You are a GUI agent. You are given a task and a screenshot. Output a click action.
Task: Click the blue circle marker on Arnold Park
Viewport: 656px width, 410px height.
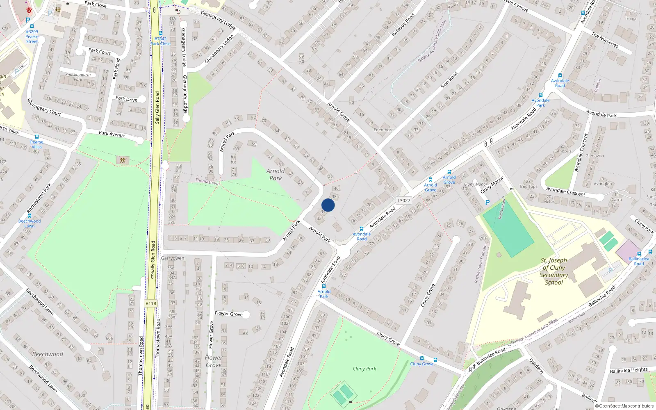point(328,205)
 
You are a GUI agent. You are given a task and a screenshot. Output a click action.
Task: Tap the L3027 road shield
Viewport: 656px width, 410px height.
point(403,200)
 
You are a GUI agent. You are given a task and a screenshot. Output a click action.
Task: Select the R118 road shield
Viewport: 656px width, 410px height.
point(150,303)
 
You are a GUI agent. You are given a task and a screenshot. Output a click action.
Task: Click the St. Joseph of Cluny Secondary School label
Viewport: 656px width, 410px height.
point(553,271)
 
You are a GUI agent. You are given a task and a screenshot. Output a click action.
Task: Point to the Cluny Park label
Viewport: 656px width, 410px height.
point(364,369)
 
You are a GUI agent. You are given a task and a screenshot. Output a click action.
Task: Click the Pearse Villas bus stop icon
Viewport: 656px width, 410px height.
point(36,137)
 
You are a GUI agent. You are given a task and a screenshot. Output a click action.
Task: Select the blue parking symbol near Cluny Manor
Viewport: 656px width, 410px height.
point(487,203)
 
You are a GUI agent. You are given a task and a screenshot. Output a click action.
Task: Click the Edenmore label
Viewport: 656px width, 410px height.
point(383,130)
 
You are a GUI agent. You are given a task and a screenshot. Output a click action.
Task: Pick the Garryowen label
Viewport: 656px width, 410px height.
point(173,258)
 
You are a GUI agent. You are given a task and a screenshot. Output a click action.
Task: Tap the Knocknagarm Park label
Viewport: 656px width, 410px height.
point(78,77)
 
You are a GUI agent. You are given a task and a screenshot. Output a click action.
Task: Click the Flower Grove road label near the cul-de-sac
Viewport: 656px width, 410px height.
point(228,314)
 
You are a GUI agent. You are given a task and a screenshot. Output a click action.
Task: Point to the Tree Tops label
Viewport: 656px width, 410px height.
point(528,187)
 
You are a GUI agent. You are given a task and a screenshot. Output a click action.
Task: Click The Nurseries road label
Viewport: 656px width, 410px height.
point(605,40)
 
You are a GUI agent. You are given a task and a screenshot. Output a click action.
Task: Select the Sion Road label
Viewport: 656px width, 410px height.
point(449,80)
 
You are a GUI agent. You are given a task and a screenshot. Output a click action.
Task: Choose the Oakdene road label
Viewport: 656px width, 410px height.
point(536,366)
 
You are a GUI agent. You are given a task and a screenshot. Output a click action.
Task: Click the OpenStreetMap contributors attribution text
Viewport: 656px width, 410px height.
point(624,406)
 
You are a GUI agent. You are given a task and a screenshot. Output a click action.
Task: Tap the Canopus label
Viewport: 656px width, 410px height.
point(563,151)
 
